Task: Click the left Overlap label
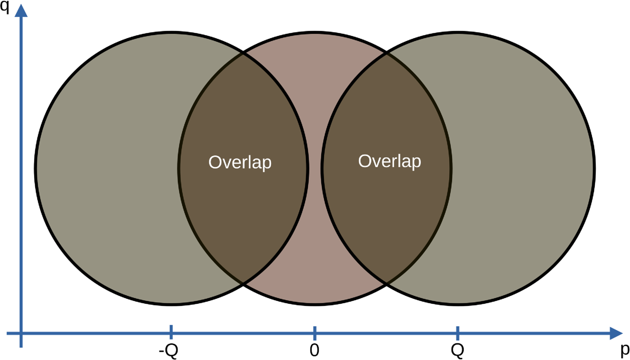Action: pyautogui.click(x=240, y=162)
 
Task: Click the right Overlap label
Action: pyautogui.click(x=390, y=161)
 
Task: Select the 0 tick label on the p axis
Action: pyautogui.click(x=315, y=351)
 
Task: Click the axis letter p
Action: pyautogui.click(x=625, y=350)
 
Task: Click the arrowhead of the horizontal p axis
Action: pyautogui.click(x=616, y=333)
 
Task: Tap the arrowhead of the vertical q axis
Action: pyautogui.click(x=21, y=11)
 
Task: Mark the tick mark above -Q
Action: pyautogui.click(x=171, y=332)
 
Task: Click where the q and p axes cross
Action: pyautogui.click(x=21, y=333)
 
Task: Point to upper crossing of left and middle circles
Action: pyautogui.click(x=243, y=53)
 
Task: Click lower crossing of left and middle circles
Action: pyautogui.click(x=243, y=284)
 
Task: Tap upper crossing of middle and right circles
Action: pyautogui.click(x=387, y=53)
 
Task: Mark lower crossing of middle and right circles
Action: pyautogui.click(x=387, y=284)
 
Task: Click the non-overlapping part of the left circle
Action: pyautogui.click(x=107, y=169)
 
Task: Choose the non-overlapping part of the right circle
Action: pyautogui.click(x=523, y=169)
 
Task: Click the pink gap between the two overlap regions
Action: pyautogui.click(x=315, y=169)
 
